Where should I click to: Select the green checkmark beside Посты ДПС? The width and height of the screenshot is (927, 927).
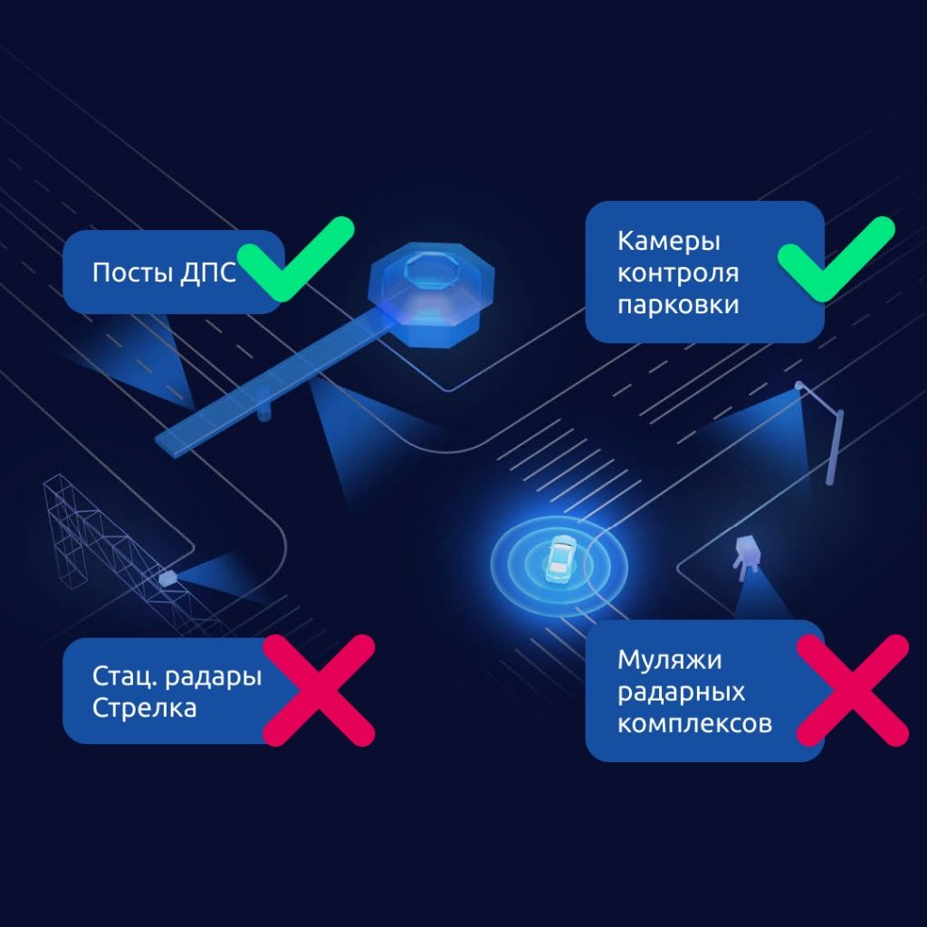[299, 259]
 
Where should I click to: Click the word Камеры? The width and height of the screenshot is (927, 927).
[669, 242]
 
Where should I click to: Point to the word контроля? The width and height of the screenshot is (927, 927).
[678, 272]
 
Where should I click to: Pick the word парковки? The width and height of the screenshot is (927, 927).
[678, 304]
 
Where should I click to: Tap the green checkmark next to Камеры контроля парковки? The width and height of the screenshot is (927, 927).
[837, 259]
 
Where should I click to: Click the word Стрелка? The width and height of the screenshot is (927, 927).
[144, 707]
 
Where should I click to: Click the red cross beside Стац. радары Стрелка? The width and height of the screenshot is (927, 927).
[318, 690]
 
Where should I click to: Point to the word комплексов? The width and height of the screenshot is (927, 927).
[694, 724]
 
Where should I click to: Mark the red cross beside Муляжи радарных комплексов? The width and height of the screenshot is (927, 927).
[852, 690]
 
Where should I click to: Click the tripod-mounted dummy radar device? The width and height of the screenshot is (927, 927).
[747, 553]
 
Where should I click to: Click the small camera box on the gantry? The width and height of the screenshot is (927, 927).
[167, 576]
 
